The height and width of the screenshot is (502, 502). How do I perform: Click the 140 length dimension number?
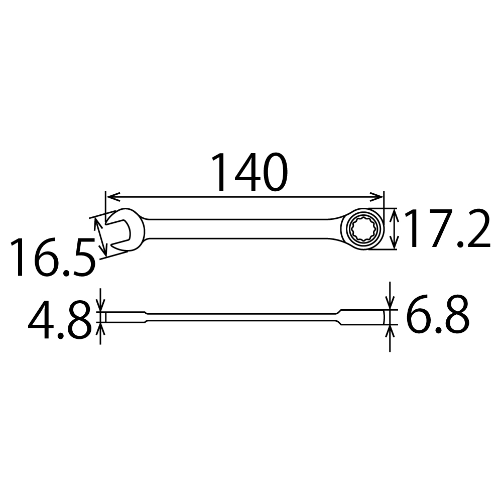[x=249, y=173]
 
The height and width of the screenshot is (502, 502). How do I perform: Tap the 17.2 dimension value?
[x=446, y=229]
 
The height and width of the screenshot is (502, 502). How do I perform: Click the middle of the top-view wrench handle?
[x=241, y=229]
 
